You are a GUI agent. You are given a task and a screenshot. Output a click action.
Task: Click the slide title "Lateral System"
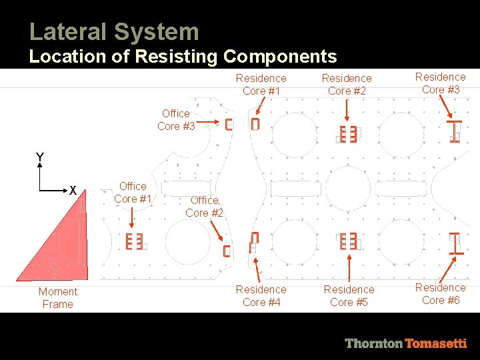[x=114, y=31]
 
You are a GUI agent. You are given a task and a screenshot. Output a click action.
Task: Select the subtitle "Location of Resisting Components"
[x=183, y=57]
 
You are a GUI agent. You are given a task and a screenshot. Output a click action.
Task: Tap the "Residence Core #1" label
[x=261, y=84]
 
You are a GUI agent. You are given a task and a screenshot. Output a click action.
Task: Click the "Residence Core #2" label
[x=347, y=84]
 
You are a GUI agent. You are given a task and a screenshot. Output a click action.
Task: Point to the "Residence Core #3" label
[x=440, y=83]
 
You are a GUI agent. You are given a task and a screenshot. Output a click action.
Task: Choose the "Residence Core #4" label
[x=261, y=295]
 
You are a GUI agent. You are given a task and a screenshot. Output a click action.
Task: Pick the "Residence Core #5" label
[x=349, y=295]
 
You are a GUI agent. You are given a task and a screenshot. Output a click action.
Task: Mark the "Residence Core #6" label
[x=440, y=293]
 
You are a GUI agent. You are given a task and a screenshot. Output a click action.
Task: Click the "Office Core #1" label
[x=133, y=192]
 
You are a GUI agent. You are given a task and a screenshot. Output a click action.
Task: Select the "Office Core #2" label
[x=204, y=206]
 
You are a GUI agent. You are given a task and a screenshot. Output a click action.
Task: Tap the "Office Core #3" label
[x=176, y=119]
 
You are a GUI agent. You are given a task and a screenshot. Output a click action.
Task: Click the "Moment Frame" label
[x=58, y=297]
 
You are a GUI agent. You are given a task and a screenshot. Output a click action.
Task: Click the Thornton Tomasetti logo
[x=405, y=343]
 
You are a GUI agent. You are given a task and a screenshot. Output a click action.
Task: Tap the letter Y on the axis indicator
[x=40, y=157]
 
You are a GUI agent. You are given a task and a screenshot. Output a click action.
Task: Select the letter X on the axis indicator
[x=73, y=191]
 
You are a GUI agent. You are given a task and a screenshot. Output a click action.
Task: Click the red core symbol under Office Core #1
[x=134, y=241]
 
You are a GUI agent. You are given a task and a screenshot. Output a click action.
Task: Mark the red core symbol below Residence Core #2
[x=348, y=134]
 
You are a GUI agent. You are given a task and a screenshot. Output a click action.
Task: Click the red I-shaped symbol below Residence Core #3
[x=456, y=131]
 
